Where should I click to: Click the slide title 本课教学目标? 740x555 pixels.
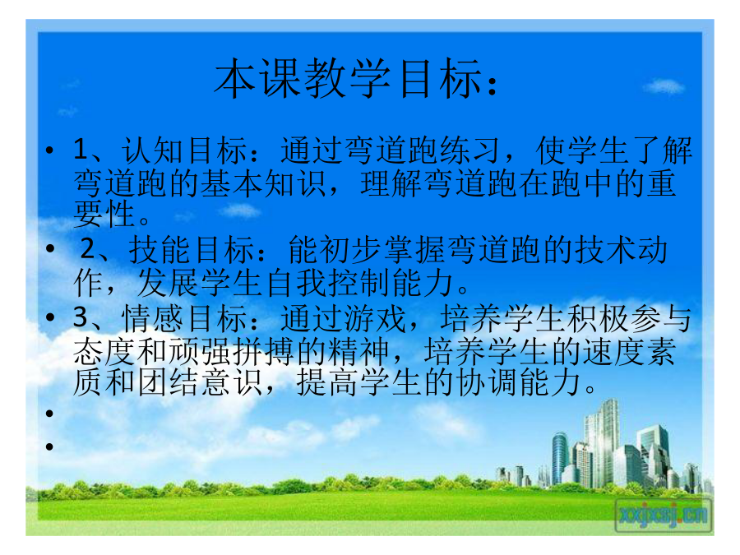pos(349,79)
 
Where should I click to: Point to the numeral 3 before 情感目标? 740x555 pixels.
pos(81,317)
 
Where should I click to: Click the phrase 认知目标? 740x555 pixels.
pos(184,150)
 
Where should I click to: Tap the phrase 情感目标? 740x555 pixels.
pos(184,318)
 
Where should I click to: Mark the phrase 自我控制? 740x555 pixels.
pos(329,283)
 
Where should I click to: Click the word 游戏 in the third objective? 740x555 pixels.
pos(375,318)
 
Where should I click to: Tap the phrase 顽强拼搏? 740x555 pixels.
pos(232,352)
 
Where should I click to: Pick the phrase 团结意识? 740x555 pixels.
pos(200,382)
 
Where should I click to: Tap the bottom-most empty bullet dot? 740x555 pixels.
pos(49,446)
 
